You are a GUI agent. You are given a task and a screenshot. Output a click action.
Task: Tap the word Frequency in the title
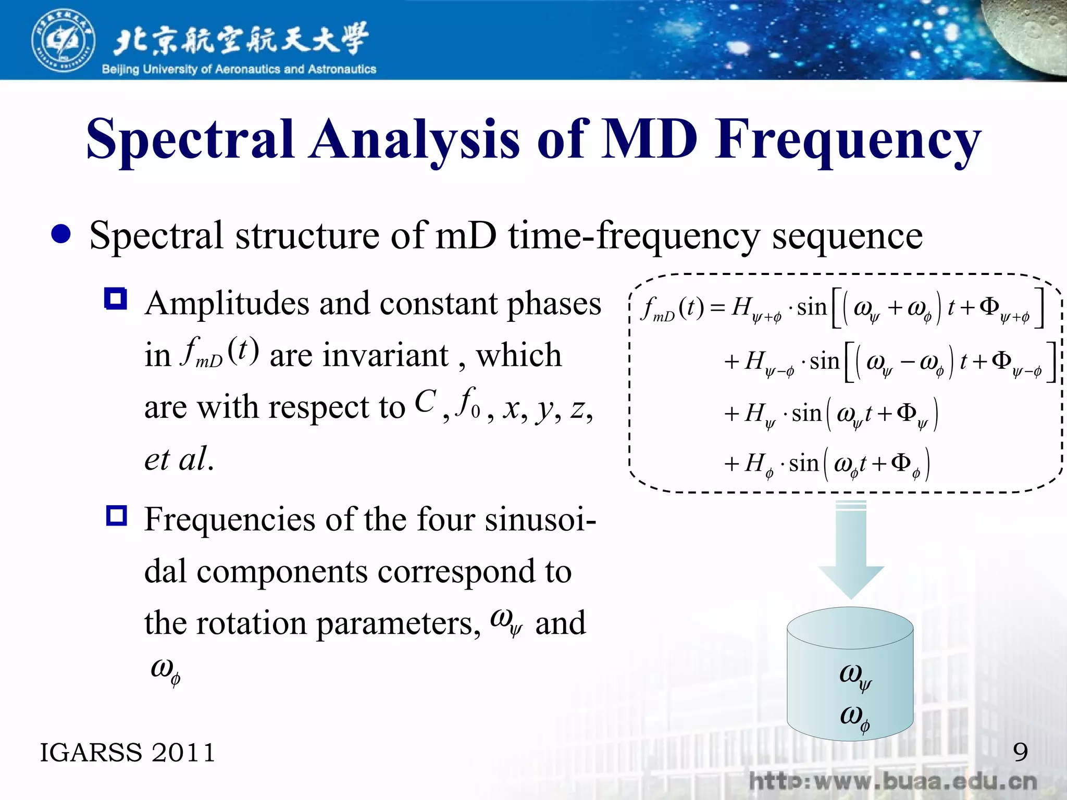(848, 140)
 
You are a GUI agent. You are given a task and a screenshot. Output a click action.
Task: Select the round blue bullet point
(61, 234)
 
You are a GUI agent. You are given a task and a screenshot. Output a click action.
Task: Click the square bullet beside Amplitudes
(116, 299)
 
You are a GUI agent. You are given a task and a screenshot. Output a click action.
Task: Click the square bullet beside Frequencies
(116, 516)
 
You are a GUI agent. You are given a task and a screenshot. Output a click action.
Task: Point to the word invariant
(359, 356)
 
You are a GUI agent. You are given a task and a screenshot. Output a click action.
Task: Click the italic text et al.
(179, 459)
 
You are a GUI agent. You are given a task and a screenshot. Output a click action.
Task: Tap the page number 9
(1020, 752)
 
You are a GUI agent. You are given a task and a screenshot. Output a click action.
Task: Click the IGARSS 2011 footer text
(128, 753)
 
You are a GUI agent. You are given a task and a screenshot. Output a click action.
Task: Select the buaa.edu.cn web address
(892, 782)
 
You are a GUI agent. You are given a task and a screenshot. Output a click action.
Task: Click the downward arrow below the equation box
(850, 552)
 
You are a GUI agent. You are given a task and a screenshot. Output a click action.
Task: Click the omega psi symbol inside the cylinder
(854, 676)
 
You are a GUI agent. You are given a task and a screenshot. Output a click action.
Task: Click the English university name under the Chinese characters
(239, 69)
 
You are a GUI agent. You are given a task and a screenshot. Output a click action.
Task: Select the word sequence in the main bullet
(847, 236)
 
